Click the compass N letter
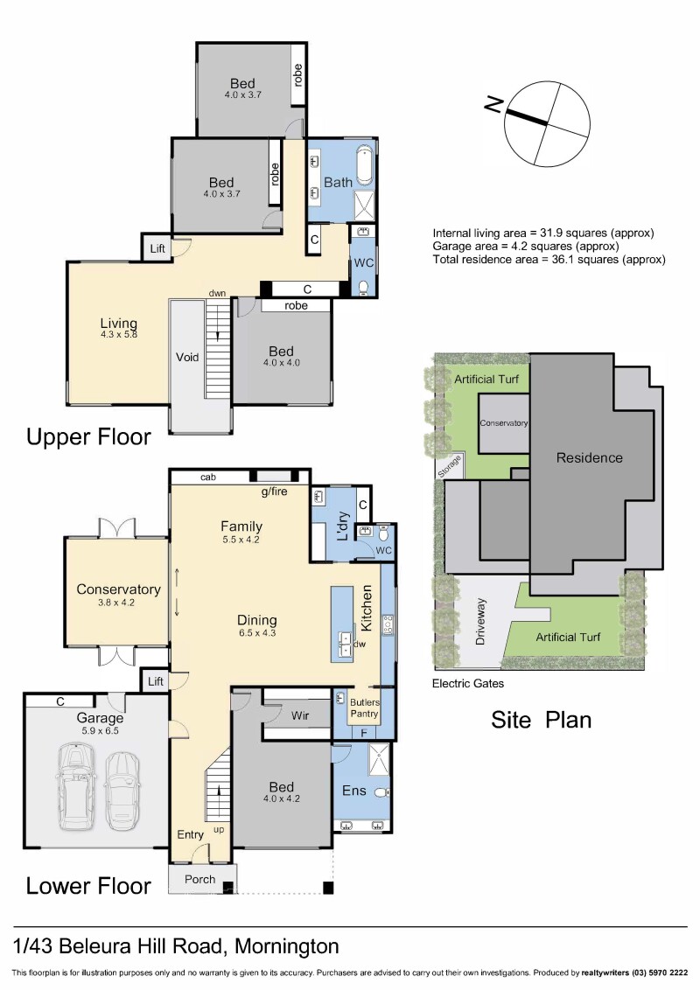tap(493, 104)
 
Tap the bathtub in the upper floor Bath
tap(365, 165)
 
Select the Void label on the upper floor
tap(187, 358)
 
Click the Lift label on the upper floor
tap(157, 248)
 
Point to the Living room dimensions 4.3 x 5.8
tap(119, 335)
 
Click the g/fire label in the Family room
tap(274, 492)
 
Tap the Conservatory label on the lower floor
tap(118, 589)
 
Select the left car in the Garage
tap(76, 786)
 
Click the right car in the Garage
tap(122, 790)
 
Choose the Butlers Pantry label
tap(365, 708)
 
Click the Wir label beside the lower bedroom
tap(300, 715)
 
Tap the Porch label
tap(199, 879)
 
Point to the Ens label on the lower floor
tap(353, 791)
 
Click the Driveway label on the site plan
tap(480, 622)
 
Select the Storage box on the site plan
tap(450, 466)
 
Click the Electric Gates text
tap(468, 683)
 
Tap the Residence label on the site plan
tap(590, 457)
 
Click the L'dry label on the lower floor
tap(343, 526)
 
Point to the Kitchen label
tap(367, 608)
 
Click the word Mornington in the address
tap(287, 946)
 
